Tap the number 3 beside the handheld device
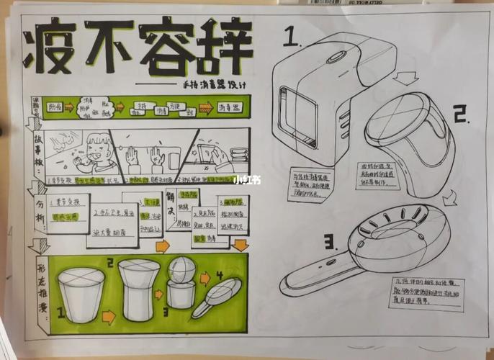coord(331,241)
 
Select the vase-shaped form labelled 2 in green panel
coord(136,288)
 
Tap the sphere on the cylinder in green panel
coord(181,271)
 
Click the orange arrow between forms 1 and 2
coord(108,315)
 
